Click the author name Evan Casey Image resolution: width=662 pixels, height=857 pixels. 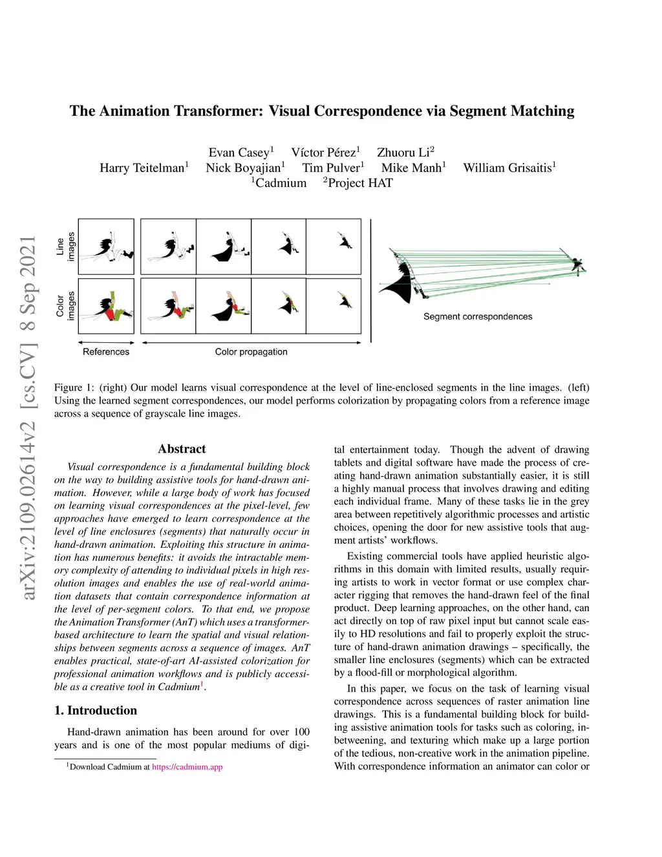pyautogui.click(x=239, y=153)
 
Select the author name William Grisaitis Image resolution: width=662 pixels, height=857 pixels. pyautogui.click(x=507, y=168)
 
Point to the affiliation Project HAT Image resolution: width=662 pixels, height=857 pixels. pyautogui.click(x=359, y=183)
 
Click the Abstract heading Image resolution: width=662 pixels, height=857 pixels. pyautogui.click(x=182, y=449)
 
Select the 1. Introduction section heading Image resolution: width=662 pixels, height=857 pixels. pyautogui.click(x=96, y=710)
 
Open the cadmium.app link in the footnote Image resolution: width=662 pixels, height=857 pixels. pyautogui.click(x=187, y=767)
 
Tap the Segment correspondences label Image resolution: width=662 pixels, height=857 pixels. pyautogui.click(x=478, y=316)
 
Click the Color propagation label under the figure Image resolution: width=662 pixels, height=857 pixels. pyautogui.click(x=251, y=352)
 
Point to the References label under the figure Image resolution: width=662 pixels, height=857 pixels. pyautogui.click(x=106, y=352)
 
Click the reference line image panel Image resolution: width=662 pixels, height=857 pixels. pyautogui.click(x=106, y=246)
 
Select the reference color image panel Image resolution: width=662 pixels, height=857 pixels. pyautogui.click(x=106, y=305)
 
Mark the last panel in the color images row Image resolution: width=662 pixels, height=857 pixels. pyautogui.click(x=334, y=305)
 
